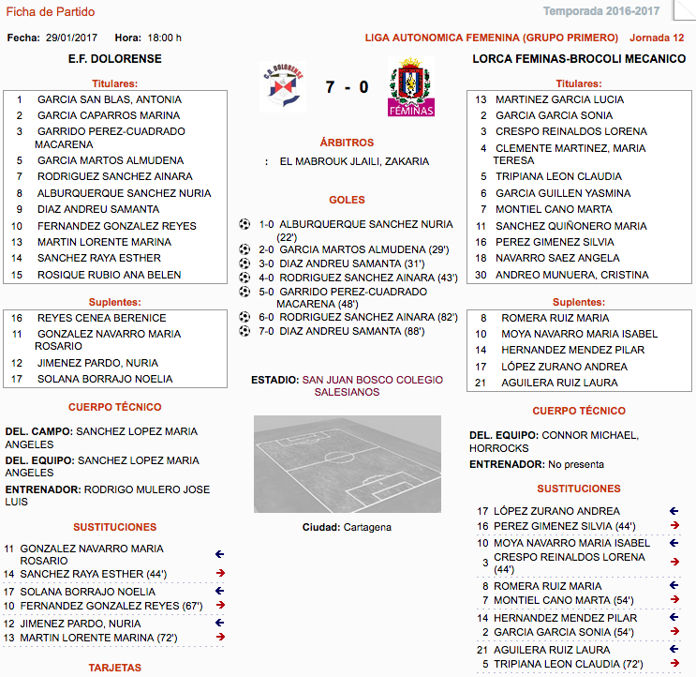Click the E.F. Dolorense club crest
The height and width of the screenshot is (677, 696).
pyautogui.click(x=282, y=87)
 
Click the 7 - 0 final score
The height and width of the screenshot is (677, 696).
pyautogui.click(x=347, y=88)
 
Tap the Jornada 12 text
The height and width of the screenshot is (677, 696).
pyautogui.click(x=658, y=38)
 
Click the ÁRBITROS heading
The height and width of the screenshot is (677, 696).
pyautogui.click(x=347, y=143)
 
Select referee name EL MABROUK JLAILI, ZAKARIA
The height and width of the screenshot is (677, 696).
pyautogui.click(x=354, y=161)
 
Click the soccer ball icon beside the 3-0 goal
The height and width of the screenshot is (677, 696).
pyautogui.click(x=245, y=264)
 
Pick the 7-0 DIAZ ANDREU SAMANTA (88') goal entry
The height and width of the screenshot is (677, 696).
pyautogui.click(x=342, y=331)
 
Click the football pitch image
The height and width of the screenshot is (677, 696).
pyautogui.click(x=347, y=463)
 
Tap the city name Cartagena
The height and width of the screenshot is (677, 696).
pyautogui.click(x=367, y=527)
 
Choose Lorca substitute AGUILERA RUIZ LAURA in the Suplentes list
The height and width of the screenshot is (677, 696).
pyautogui.click(x=559, y=383)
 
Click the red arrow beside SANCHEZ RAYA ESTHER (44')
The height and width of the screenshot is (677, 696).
pyautogui.click(x=219, y=573)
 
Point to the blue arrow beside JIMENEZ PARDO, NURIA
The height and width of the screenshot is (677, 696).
pyautogui.click(x=219, y=623)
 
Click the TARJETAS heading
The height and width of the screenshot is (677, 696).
pyautogui.click(x=114, y=668)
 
